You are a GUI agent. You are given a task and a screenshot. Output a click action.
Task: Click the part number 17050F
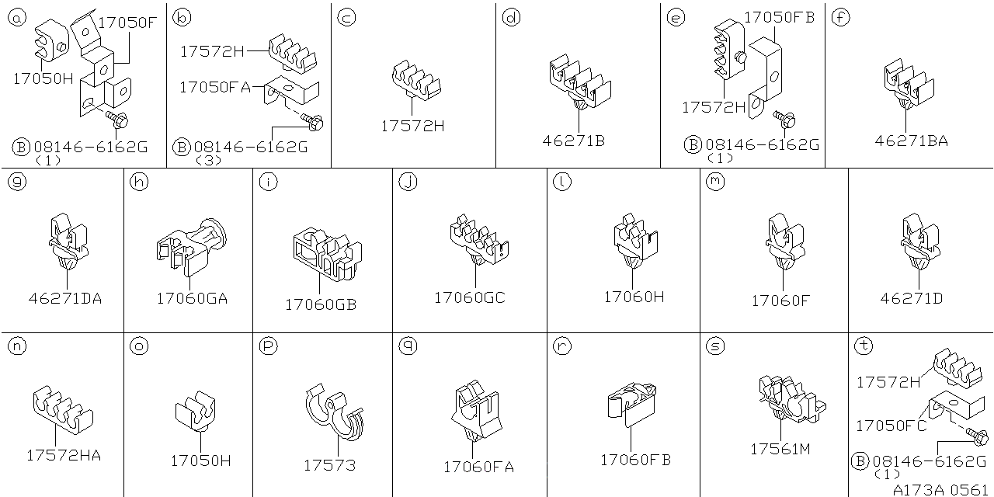click(x=127, y=23)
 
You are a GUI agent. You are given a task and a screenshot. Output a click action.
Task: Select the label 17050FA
click(x=215, y=87)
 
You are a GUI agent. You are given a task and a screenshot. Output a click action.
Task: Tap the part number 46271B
click(x=573, y=141)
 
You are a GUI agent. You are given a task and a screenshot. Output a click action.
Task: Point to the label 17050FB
click(x=779, y=17)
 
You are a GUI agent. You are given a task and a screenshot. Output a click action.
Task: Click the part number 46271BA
click(x=911, y=141)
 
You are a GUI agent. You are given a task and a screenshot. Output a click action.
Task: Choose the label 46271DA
click(x=65, y=298)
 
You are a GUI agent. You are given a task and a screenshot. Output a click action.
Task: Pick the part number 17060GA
click(x=192, y=298)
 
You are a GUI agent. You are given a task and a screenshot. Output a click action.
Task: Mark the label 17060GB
click(x=321, y=304)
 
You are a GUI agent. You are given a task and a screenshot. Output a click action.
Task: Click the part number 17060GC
click(x=470, y=297)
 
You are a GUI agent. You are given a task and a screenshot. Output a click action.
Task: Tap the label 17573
click(x=330, y=465)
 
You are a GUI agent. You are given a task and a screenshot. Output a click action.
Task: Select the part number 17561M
click(x=780, y=449)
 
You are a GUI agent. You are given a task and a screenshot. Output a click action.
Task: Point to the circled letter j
click(x=408, y=182)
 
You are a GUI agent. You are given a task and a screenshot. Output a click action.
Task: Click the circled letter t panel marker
click(x=864, y=346)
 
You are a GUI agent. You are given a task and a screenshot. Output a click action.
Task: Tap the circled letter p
click(x=269, y=346)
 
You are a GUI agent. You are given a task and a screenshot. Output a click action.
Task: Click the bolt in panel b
click(x=312, y=121)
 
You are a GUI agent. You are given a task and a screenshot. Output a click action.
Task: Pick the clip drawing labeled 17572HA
click(x=63, y=409)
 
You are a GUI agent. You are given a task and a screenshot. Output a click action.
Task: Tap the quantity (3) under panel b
click(x=208, y=160)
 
